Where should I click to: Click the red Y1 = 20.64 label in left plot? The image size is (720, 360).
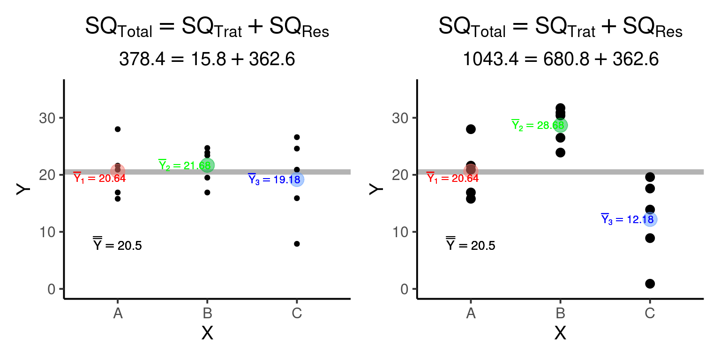[x=99, y=178]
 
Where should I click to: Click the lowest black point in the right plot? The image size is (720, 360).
[x=650, y=284]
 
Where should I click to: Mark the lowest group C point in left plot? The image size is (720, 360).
[x=297, y=244]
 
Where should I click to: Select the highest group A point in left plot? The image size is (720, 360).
[x=118, y=129]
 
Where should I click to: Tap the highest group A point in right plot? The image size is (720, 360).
[x=471, y=129]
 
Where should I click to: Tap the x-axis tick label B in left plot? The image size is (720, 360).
[x=207, y=313]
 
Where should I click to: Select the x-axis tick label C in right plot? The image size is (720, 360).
[x=650, y=313]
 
